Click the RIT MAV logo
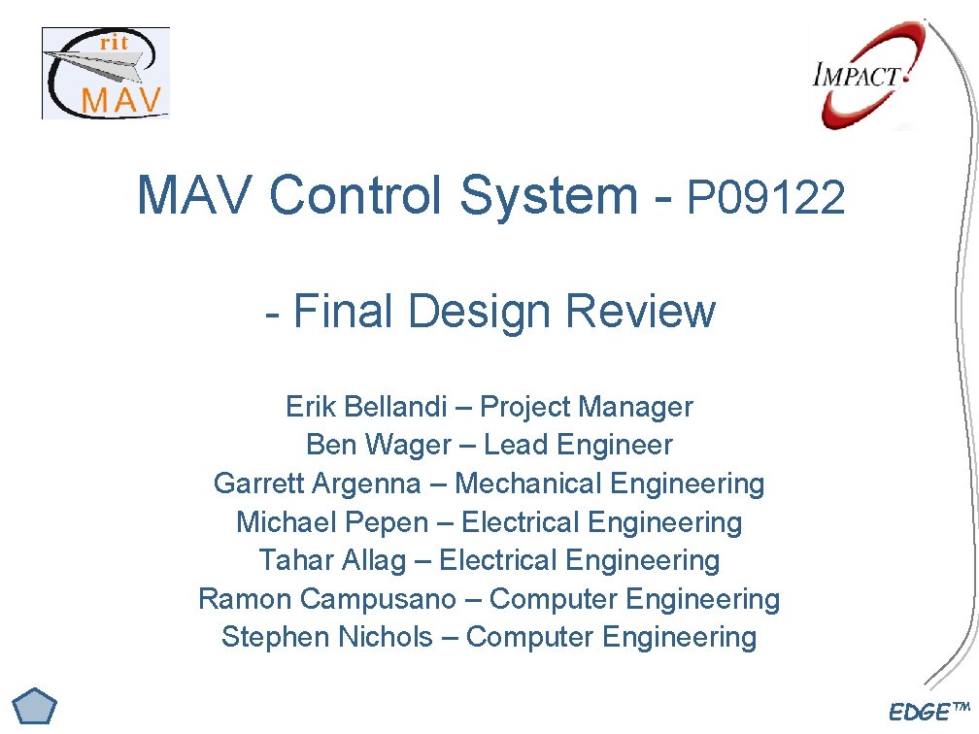point(105,74)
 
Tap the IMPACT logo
point(861,77)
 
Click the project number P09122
point(766,199)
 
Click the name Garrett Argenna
point(318,484)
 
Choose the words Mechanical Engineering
point(610,484)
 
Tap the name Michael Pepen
point(332,522)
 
